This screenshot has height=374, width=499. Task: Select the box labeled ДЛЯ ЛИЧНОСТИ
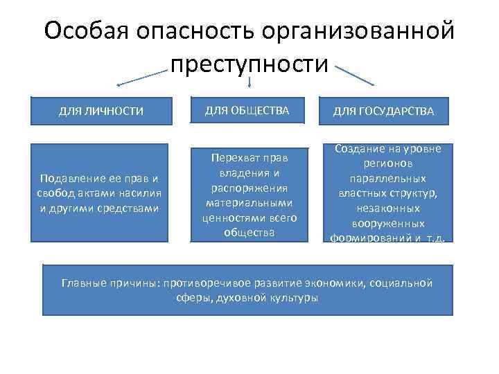pyautogui.click(x=101, y=111)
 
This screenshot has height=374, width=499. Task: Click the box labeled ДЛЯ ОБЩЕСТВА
pyautogui.click(x=247, y=110)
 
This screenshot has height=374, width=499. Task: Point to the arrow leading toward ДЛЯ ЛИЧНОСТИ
pyautogui.click(x=142, y=77)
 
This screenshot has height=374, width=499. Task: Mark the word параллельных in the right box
pyautogui.click(x=387, y=179)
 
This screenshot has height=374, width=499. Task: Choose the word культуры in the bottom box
pyautogui.click(x=291, y=299)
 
